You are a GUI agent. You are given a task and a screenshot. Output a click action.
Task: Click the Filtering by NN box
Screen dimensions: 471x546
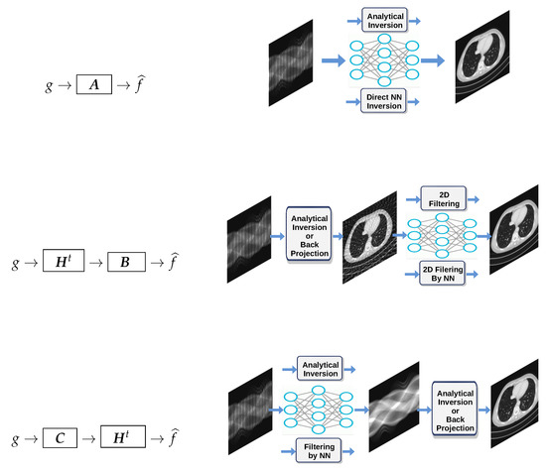(x=319, y=452)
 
